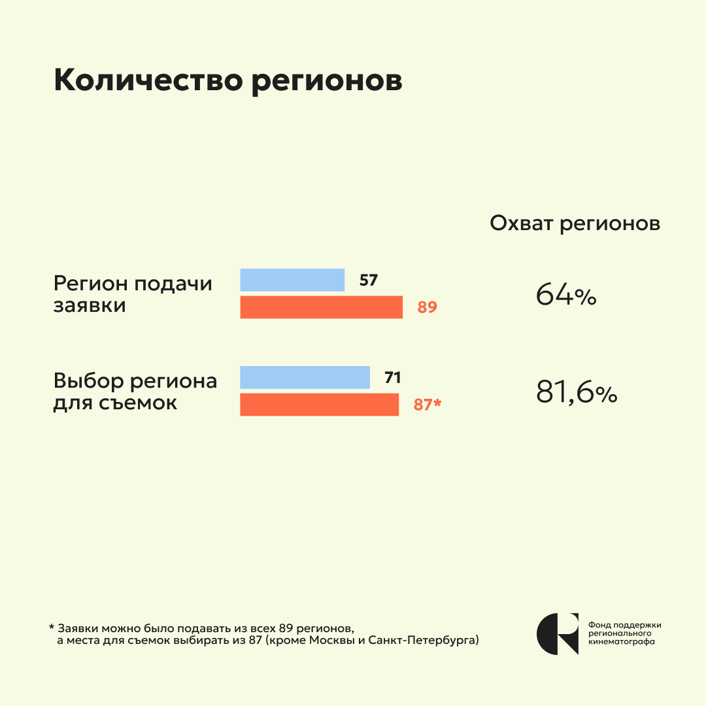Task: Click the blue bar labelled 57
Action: (292, 280)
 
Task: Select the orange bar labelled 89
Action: (321, 307)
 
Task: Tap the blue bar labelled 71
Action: (305, 377)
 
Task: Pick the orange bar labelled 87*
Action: (319, 405)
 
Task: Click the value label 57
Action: (369, 280)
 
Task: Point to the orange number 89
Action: (427, 307)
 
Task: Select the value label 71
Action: (392, 378)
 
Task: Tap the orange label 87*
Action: (428, 405)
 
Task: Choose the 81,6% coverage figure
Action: (577, 393)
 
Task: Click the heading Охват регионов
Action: (575, 224)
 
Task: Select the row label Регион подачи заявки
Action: (133, 295)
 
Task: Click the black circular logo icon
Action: (558, 633)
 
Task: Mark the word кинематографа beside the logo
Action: (622, 642)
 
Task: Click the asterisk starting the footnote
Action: (51, 628)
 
